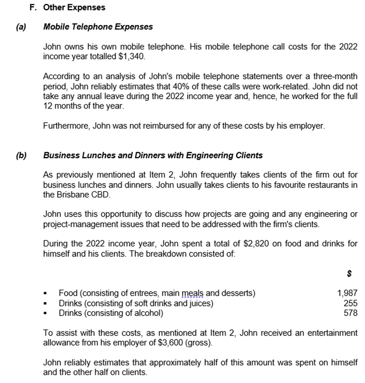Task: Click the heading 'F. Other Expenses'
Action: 68,8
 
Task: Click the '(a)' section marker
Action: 21,27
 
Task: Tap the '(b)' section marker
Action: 21,155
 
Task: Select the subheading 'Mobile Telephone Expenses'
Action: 98,27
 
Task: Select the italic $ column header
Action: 349,274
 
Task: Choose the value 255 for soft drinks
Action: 351,303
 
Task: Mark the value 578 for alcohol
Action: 351,313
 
